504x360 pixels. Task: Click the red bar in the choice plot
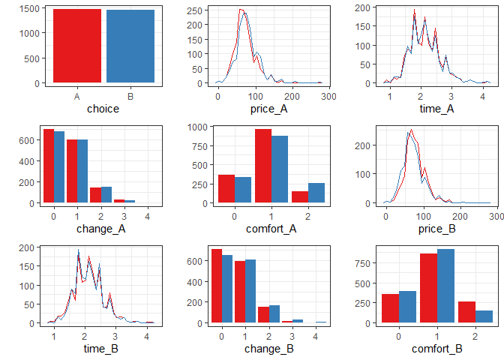pos(77,45)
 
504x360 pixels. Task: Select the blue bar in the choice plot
pos(130,46)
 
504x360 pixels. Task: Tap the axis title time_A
pos(436,109)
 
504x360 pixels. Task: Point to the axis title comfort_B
pos(436,349)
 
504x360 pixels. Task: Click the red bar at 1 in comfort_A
pos(263,166)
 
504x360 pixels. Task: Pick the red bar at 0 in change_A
pos(48,166)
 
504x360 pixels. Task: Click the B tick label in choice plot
pos(130,97)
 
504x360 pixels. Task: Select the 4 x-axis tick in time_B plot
pos(148,337)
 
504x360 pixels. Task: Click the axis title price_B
pos(436,229)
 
